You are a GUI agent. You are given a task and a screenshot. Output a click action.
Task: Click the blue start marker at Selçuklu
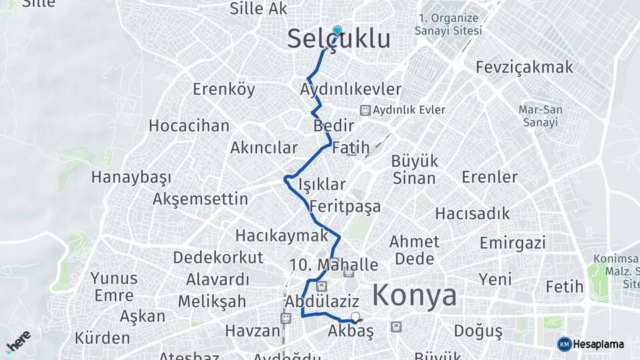[x=337, y=31]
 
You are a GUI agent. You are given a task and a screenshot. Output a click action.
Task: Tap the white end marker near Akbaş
[x=355, y=318]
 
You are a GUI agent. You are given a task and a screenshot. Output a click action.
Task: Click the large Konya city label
[x=415, y=295]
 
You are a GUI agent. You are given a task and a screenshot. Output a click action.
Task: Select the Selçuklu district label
[x=339, y=39]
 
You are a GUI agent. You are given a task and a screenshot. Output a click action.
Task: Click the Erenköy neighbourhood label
[x=224, y=89]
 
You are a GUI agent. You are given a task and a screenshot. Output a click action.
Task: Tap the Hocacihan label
[x=189, y=125]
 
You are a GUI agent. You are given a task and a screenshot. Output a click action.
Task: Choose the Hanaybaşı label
[x=131, y=177]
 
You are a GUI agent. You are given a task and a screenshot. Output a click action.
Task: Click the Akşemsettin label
[x=200, y=199]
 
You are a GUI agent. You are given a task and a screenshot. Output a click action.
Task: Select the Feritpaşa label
[x=345, y=206]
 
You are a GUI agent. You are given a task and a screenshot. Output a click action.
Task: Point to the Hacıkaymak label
[x=282, y=235]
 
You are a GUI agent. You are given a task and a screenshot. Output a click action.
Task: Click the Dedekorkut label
[x=219, y=257]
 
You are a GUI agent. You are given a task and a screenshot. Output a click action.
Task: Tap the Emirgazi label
[x=512, y=242]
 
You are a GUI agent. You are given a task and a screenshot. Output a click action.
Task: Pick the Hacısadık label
[x=473, y=214]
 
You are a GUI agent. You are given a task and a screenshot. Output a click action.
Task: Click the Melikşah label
[x=212, y=301]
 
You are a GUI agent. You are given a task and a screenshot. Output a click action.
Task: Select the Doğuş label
[x=477, y=331]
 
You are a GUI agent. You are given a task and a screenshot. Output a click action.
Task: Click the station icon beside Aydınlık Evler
[x=365, y=110]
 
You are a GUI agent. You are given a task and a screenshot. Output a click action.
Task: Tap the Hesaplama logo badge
[x=591, y=344]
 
